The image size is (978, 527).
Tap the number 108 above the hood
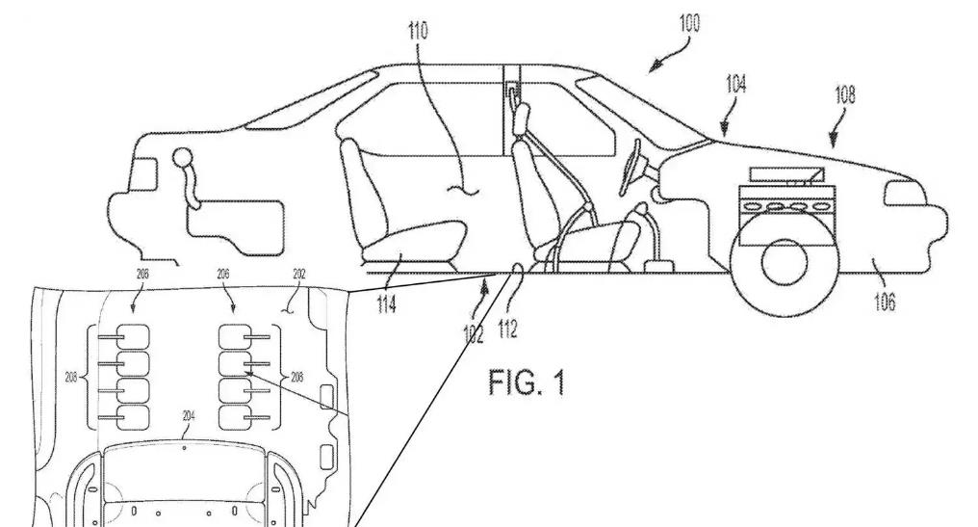(x=844, y=94)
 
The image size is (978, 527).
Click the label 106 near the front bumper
(x=884, y=303)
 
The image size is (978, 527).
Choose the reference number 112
(x=507, y=329)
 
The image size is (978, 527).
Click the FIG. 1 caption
(x=525, y=382)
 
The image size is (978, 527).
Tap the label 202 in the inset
(x=299, y=275)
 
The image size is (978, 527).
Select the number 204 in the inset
(x=189, y=415)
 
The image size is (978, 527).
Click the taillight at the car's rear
(x=142, y=174)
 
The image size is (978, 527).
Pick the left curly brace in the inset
(x=91, y=376)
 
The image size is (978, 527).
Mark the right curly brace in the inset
(x=279, y=377)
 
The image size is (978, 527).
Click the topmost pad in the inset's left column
(x=134, y=338)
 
